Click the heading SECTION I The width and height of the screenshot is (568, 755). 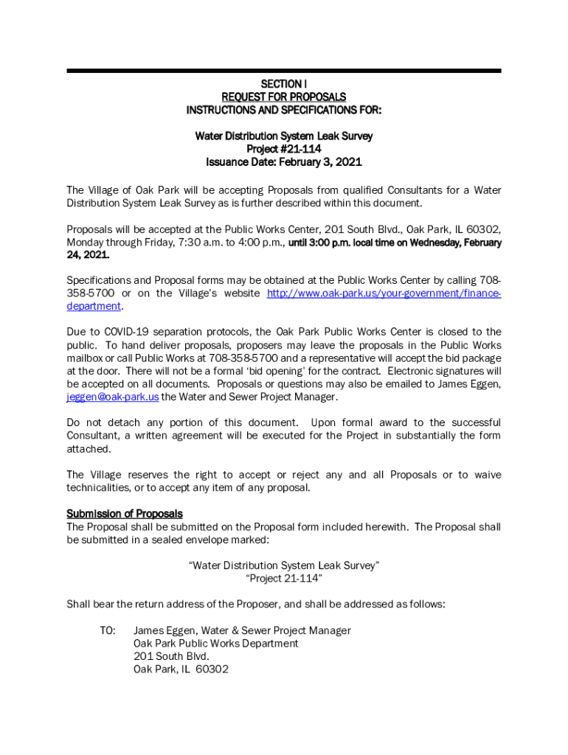coord(283,84)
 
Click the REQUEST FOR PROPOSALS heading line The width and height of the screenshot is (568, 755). coord(283,97)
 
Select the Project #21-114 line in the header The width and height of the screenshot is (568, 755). coord(283,149)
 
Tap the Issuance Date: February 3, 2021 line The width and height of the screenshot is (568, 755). coord(283,162)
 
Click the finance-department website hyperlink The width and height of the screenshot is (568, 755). coord(384,293)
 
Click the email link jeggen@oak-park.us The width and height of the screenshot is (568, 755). coord(112,397)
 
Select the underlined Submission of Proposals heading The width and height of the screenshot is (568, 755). coord(125,514)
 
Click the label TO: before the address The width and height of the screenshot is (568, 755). coord(108,630)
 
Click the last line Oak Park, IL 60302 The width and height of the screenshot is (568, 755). coord(181,669)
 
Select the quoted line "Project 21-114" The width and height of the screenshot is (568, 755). coord(283,579)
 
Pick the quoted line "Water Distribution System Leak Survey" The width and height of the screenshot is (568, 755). coord(283,566)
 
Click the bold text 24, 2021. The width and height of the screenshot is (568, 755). coord(88,255)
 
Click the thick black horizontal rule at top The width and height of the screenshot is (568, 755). coord(283,71)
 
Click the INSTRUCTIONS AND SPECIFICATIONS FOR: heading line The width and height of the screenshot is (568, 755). coord(283,111)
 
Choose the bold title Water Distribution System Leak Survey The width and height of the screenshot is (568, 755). coord(283,136)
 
